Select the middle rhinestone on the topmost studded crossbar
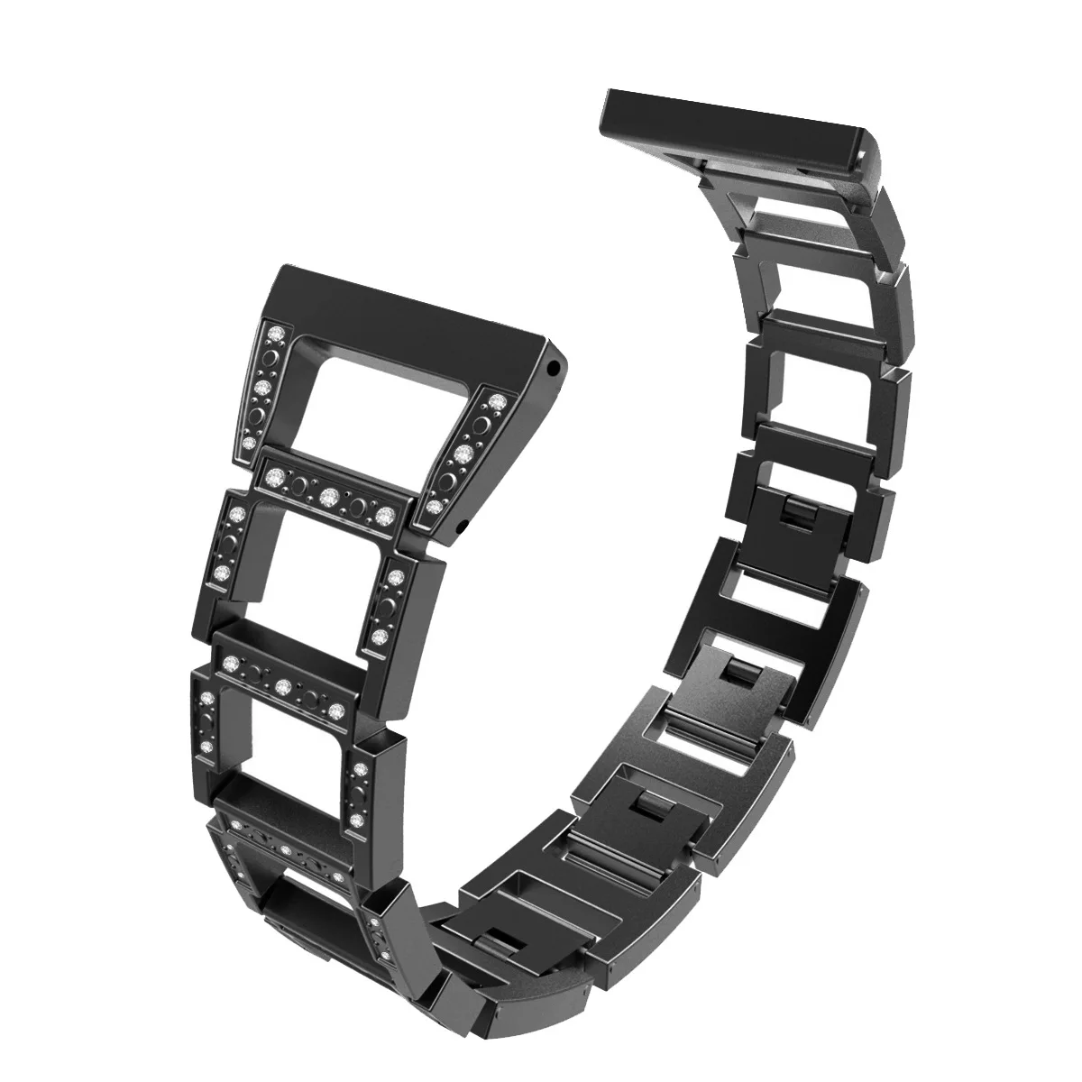click(330, 493)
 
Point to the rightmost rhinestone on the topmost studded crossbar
click(385, 515)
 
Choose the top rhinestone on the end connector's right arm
click(496, 395)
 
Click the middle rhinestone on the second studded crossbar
click(285, 683)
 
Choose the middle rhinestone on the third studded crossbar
click(285, 849)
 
